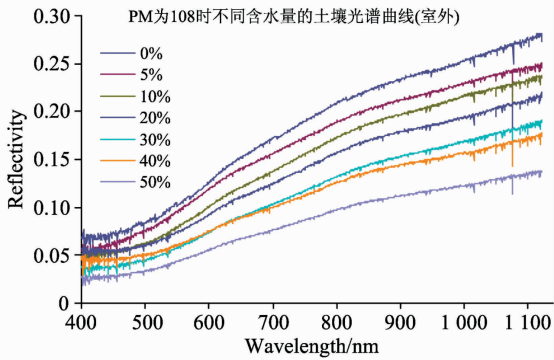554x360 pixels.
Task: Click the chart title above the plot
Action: pos(294,17)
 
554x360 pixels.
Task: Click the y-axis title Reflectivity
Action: pos(16,159)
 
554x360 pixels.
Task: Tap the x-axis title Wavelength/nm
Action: pos(312,346)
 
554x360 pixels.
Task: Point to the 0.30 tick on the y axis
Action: pos(52,16)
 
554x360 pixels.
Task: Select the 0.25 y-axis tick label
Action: pos(52,64)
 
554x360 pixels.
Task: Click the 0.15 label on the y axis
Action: pos(52,159)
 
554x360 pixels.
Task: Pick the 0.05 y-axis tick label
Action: pos(52,255)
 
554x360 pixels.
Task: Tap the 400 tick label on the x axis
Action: pos(81,322)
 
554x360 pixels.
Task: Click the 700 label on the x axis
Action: pos(273,322)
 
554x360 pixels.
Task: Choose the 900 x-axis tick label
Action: pos(400,322)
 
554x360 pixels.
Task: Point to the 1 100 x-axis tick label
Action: pos(528,322)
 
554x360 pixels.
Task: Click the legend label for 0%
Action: pos(151,54)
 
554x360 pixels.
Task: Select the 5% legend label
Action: pos(151,75)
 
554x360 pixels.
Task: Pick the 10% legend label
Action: pos(155,96)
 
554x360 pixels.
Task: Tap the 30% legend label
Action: pos(155,140)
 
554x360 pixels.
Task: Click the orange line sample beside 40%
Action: pos(118,161)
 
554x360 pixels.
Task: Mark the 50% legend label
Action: pos(155,183)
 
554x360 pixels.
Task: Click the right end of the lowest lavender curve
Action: pos(542,172)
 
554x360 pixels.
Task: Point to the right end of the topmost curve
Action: pos(542,35)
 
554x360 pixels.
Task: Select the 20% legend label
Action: pos(155,118)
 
